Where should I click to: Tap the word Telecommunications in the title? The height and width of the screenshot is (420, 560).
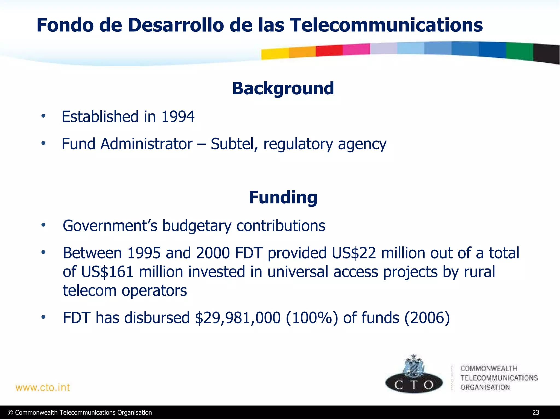tap(386, 25)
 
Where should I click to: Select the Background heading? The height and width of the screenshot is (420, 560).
tap(283, 88)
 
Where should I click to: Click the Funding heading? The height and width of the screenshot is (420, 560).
tap(283, 197)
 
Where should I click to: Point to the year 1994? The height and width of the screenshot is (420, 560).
tap(178, 117)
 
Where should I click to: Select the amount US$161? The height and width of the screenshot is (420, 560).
tap(107, 272)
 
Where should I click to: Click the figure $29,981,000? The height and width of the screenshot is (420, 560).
tap(238, 318)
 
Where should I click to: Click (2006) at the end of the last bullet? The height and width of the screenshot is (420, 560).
tap(427, 318)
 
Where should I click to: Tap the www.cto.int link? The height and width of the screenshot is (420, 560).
tap(43, 387)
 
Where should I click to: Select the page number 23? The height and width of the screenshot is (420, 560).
tap(535, 413)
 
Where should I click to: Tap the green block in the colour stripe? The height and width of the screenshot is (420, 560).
tap(519, 51)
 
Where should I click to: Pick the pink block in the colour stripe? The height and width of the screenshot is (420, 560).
tap(356, 49)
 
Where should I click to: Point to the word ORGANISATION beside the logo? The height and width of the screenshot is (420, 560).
tap(485, 387)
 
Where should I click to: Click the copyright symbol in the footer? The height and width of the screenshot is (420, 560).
tap(10, 413)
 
